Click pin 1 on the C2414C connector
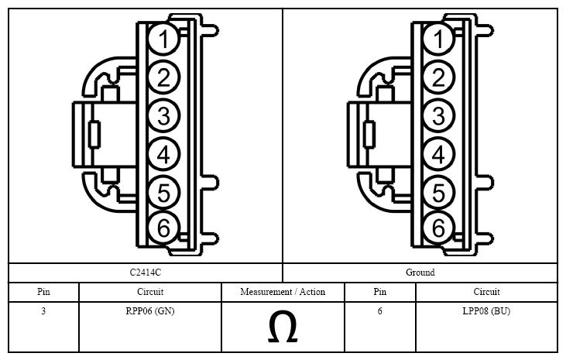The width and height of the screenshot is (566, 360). point(163,39)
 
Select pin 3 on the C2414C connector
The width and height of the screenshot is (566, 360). point(163,116)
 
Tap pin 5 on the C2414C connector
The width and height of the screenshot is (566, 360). point(163,192)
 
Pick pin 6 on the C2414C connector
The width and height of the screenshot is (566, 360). point(163,228)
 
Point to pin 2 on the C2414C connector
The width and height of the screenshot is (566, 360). point(163,77)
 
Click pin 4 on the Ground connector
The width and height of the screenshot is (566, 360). point(438,155)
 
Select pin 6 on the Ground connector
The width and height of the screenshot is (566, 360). point(438,228)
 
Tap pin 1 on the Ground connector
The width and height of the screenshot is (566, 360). point(438,39)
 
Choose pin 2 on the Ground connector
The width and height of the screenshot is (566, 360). point(438,77)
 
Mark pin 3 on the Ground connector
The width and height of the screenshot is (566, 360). point(438,116)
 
